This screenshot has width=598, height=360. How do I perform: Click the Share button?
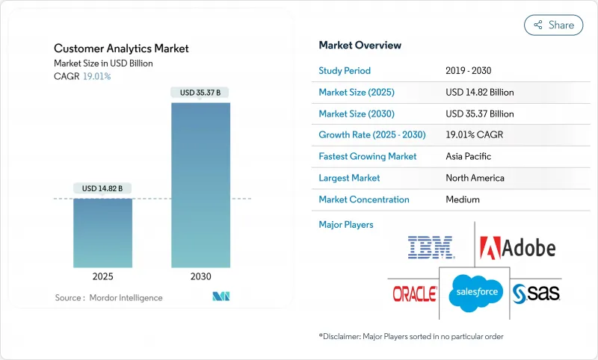tap(553, 25)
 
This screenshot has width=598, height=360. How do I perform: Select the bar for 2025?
tap(103, 233)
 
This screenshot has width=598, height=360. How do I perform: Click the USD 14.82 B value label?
tap(103, 187)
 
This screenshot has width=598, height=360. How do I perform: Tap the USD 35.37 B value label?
tap(201, 93)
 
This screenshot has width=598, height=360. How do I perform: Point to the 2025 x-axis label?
tap(103, 276)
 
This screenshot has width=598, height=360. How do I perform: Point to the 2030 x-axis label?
tap(201, 276)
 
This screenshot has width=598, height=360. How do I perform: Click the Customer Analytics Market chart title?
tap(121, 49)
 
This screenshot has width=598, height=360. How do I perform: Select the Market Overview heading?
tap(360, 45)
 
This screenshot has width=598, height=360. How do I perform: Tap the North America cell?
tap(475, 178)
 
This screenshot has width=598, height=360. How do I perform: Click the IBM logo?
tap(431, 247)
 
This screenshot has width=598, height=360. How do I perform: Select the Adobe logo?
tap(517, 247)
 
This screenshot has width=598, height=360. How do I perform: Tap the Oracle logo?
tap(414, 294)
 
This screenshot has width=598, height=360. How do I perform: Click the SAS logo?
tap(536, 294)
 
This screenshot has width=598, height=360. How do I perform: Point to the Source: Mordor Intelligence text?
tap(108, 298)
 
